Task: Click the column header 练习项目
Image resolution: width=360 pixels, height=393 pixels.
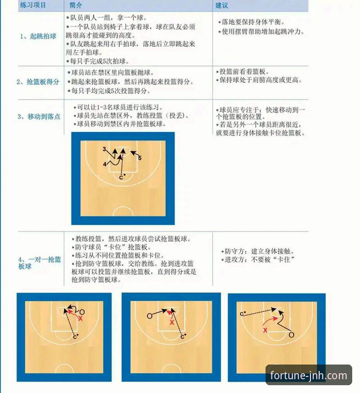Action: tap(33, 6)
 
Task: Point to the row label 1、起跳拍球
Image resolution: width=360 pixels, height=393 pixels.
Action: tap(38, 36)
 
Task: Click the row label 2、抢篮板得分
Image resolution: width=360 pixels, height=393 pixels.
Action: tap(38, 82)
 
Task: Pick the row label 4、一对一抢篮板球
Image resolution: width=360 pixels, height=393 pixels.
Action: tap(39, 263)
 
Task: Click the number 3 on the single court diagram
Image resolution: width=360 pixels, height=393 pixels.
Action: tap(105, 149)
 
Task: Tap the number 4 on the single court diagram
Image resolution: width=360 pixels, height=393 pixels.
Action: tap(105, 163)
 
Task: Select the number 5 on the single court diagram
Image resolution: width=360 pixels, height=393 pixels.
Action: tap(140, 158)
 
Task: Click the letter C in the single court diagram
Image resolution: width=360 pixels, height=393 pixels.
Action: tap(121, 177)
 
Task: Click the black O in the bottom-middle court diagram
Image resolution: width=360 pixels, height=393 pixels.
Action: tap(150, 316)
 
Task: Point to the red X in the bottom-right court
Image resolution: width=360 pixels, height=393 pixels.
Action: tap(265, 330)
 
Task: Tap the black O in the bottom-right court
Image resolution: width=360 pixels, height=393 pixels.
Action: tap(291, 335)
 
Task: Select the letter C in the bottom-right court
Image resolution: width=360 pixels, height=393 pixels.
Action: tap(242, 314)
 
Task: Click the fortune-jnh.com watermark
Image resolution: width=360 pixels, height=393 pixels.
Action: tap(308, 376)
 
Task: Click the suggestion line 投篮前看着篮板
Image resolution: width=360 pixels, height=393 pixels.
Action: tap(244, 72)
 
